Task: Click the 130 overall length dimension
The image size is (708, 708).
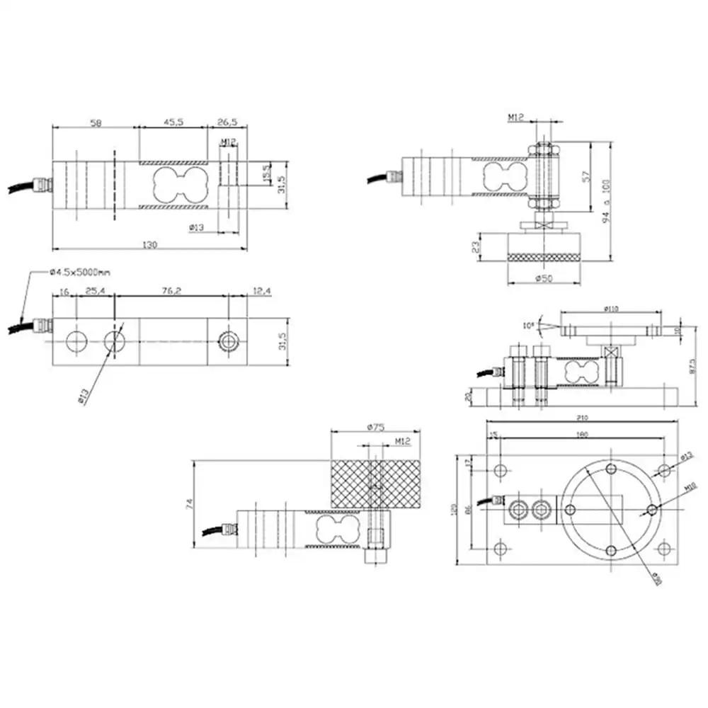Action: tap(149, 244)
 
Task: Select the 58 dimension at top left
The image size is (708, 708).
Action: tap(96, 122)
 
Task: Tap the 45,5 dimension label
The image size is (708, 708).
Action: tap(173, 122)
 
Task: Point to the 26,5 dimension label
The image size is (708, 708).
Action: tap(227, 122)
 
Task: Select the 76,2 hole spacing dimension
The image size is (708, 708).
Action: tap(172, 291)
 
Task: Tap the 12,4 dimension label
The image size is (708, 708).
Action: tap(262, 291)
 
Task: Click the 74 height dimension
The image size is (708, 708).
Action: tap(188, 504)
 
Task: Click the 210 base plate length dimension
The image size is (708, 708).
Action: tap(582, 418)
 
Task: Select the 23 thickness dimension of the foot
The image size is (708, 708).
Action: tap(476, 248)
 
